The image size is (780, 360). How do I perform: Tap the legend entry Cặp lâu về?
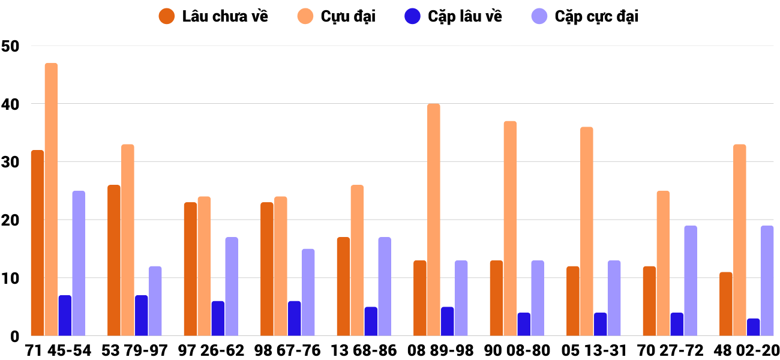click(x=454, y=16)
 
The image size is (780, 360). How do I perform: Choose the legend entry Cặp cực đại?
click(x=585, y=16)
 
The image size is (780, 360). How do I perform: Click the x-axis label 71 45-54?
click(x=58, y=350)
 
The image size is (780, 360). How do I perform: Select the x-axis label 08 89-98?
click(x=440, y=350)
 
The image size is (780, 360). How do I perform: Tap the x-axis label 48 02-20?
click(x=746, y=350)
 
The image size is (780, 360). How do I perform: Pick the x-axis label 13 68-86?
click(x=364, y=350)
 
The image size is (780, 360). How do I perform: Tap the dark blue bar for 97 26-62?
click(x=218, y=319)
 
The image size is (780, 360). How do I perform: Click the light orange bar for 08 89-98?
click(x=434, y=220)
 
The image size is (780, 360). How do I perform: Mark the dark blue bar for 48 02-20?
click(x=753, y=327)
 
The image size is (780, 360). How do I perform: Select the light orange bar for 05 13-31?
click(x=586, y=232)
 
